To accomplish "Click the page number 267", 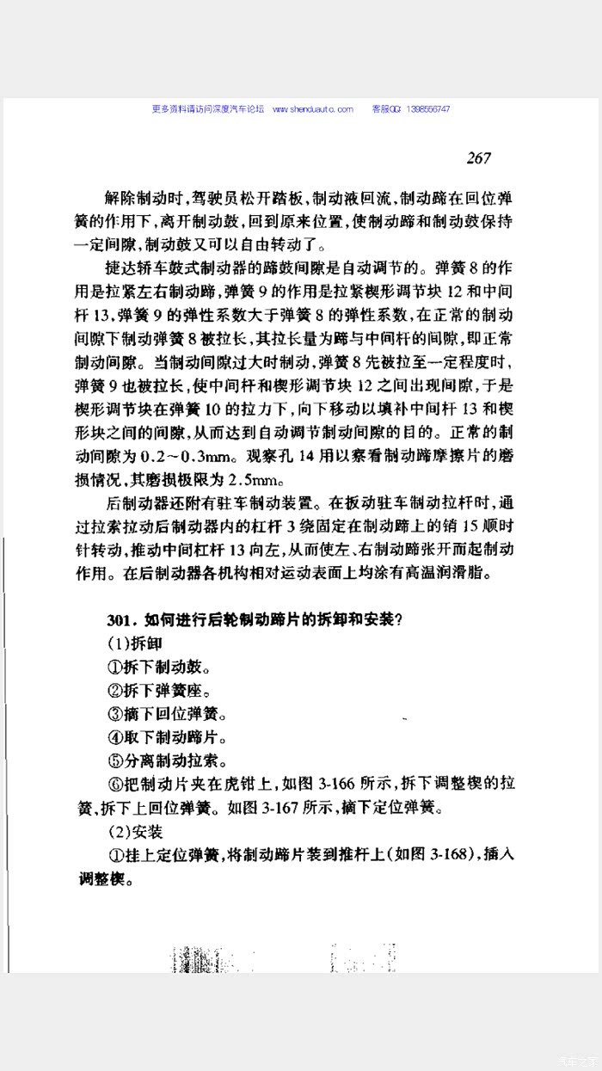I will coord(479,157).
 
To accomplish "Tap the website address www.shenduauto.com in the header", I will coord(313,109).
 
